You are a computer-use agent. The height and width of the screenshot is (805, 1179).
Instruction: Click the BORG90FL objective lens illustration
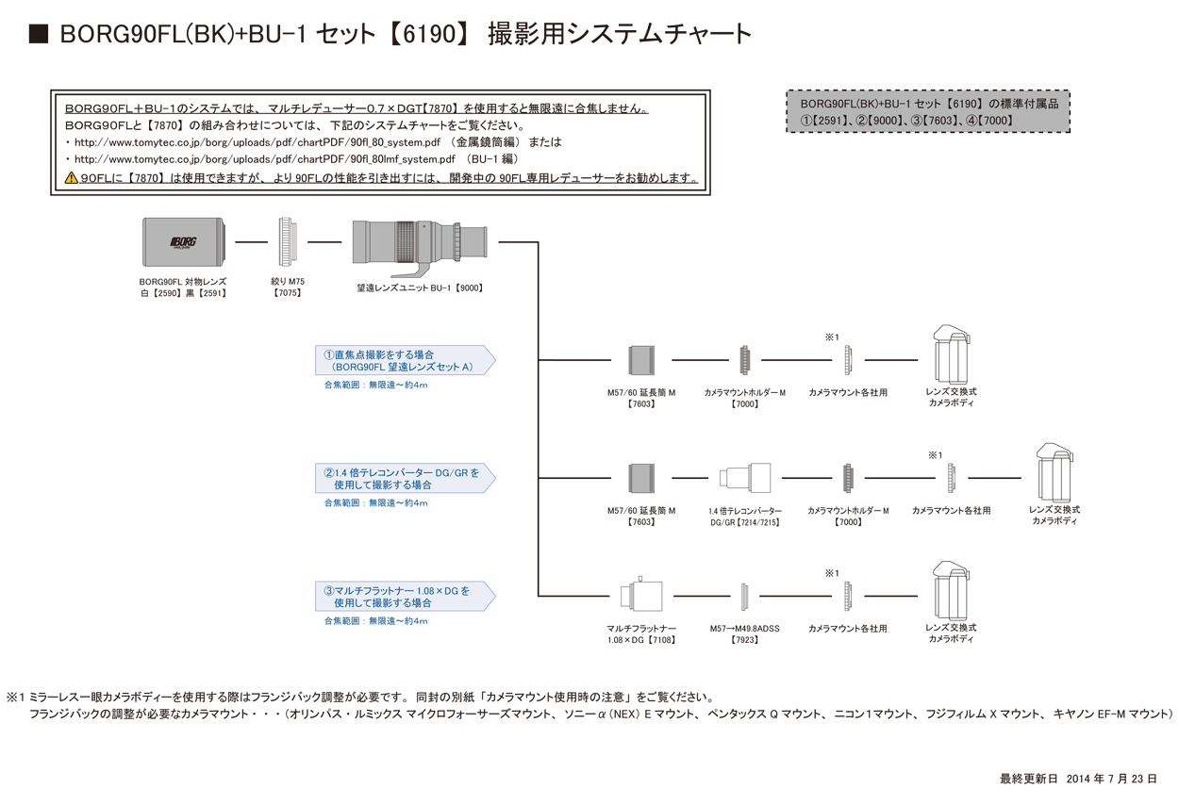tap(185, 243)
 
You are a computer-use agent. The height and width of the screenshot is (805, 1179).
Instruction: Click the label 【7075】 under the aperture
tap(288, 293)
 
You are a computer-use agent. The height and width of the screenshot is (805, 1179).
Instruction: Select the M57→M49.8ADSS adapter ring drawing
tap(744, 596)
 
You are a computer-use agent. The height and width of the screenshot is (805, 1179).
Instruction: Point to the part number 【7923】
tap(744, 640)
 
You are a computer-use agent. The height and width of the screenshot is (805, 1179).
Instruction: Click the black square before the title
tap(39, 35)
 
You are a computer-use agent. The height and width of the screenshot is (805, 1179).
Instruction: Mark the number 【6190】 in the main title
tap(428, 35)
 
